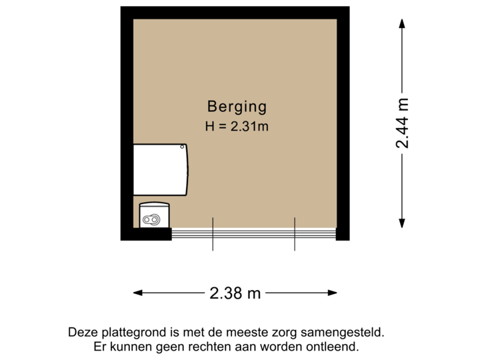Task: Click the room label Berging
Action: pos(237,106)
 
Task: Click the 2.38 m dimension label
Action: pos(235,292)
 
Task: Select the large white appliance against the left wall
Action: pos(161,171)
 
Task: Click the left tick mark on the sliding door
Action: pos(213,234)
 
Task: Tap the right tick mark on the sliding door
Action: pos(295,234)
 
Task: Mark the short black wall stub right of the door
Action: pos(343,233)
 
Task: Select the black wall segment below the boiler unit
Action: pos(146,234)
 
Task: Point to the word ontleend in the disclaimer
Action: pos(335,347)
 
